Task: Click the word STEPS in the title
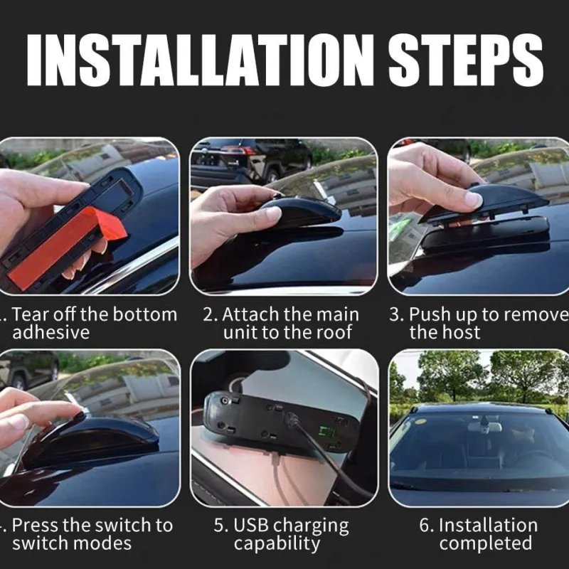coord(466,60)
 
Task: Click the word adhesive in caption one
coord(51,332)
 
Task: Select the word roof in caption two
coord(334,332)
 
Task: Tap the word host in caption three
coord(462,332)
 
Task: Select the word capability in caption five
coord(277,544)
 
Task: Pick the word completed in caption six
coord(486,543)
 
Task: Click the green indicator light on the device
coord(324,431)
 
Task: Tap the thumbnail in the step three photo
coord(474,200)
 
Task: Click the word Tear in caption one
coord(31,314)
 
